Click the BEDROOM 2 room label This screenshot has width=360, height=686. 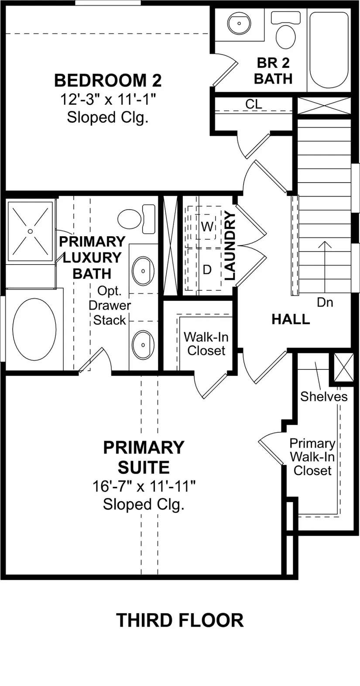click(x=108, y=80)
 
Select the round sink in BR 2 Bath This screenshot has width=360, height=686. click(x=240, y=23)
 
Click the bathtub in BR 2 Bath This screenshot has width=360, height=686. click(x=329, y=50)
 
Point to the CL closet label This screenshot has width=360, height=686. click(x=254, y=104)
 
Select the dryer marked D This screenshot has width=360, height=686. click(x=207, y=269)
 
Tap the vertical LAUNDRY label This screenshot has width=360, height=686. click(x=230, y=245)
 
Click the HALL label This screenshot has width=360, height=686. click(x=291, y=319)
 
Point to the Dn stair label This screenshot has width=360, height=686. click(x=325, y=303)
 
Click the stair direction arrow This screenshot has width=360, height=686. click(x=325, y=267)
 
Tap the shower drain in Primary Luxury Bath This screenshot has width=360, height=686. click(x=30, y=231)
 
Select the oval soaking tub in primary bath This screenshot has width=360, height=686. click(x=34, y=329)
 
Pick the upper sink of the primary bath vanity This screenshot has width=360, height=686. click(x=143, y=271)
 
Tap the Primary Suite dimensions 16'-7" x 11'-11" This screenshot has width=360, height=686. click(x=144, y=486)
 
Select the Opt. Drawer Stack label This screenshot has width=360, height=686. click(x=110, y=306)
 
